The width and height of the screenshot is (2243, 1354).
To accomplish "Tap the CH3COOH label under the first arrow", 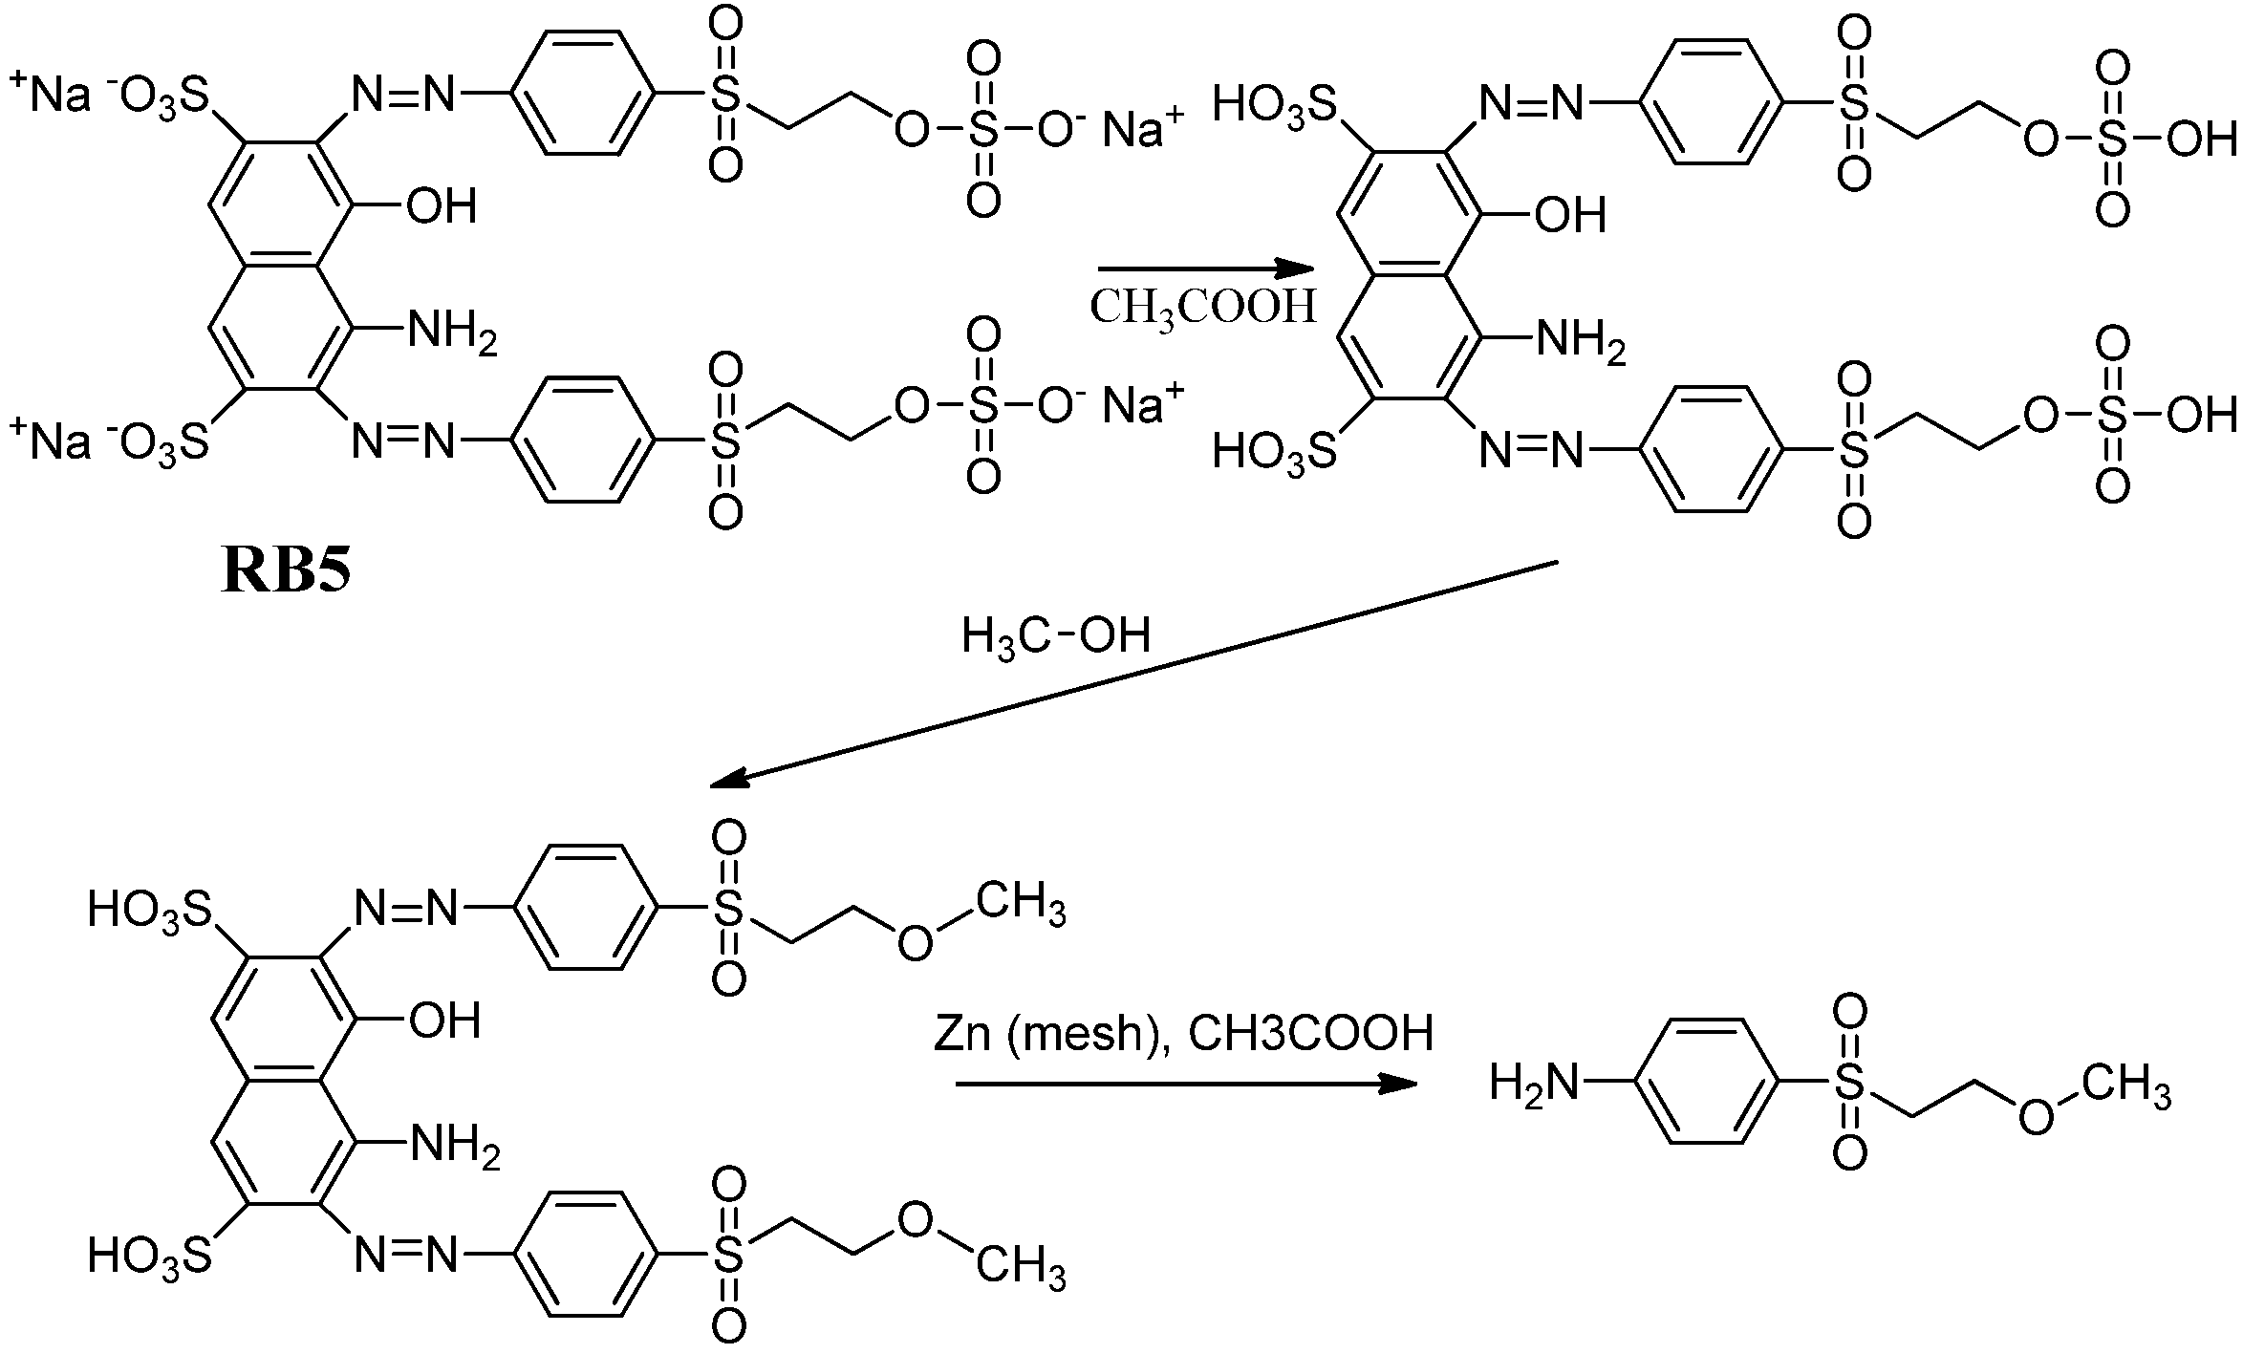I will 1203,308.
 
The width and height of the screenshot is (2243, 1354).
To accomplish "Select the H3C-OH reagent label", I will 1055,635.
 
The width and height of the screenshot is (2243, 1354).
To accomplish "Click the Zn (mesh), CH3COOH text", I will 1183,1034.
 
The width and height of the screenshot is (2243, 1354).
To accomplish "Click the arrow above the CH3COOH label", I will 1202,269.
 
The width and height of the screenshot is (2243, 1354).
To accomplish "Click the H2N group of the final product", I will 1534,1083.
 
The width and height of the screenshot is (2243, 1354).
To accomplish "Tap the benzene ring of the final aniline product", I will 1708,1082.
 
